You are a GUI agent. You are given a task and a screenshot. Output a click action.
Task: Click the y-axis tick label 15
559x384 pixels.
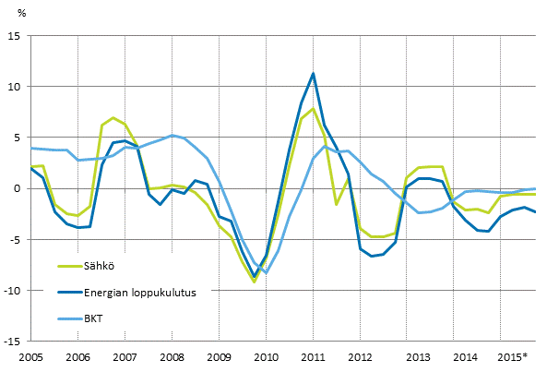click(14, 36)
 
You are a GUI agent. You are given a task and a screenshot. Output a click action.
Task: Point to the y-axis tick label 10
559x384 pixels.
click(14, 87)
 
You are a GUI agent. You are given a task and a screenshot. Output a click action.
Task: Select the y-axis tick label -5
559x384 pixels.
click(15, 239)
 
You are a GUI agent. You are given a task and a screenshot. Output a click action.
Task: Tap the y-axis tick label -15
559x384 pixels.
click(13, 341)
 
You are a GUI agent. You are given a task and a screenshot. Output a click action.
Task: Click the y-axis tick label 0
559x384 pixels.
click(17, 188)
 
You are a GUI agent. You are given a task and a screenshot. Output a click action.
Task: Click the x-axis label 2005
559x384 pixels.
click(31, 356)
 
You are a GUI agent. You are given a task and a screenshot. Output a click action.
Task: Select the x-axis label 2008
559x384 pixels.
click(172, 356)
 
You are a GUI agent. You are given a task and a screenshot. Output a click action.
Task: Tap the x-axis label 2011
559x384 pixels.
click(313, 356)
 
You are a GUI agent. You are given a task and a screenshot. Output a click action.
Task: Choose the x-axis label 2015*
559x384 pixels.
click(512, 356)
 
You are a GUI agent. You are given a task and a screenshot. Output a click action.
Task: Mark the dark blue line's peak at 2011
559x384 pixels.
click(314, 73)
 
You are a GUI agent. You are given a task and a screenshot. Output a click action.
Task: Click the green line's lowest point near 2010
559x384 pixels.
click(255, 282)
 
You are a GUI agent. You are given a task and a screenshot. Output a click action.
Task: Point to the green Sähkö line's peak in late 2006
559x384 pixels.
click(113, 118)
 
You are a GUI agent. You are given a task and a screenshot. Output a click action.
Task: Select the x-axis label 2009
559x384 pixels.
click(219, 356)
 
